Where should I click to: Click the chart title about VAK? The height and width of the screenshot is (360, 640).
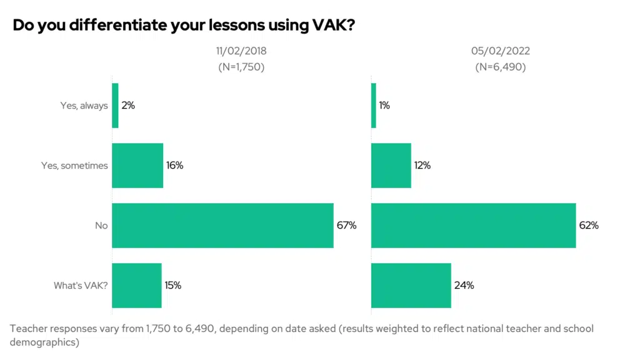coord(184,26)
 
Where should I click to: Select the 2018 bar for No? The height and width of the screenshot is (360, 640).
coord(222,226)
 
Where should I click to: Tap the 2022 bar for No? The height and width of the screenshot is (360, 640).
coord(473,226)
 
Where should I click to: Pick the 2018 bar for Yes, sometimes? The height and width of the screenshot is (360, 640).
coord(137,166)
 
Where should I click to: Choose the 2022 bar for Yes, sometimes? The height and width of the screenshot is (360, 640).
coord(391,166)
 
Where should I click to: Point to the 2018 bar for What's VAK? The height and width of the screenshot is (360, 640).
coord(137,286)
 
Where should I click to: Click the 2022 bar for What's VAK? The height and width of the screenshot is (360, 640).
coord(411,286)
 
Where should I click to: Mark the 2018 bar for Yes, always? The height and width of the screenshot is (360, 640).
coord(115,106)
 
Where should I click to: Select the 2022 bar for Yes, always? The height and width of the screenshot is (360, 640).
coord(374,106)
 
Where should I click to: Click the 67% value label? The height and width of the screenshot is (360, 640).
coord(346,226)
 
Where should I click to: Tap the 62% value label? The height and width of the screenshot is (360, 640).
coord(589,226)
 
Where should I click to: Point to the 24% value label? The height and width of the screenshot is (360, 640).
coord(464,286)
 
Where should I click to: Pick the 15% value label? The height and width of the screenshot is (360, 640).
coord(173,286)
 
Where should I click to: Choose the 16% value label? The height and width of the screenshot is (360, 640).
coord(175,166)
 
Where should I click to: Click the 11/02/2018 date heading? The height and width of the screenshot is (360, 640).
coord(241,51)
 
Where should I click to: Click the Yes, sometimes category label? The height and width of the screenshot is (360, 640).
coord(84,166)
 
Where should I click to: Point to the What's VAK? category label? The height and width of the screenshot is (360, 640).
coord(81,286)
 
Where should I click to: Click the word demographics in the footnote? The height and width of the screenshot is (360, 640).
coord(45,342)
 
